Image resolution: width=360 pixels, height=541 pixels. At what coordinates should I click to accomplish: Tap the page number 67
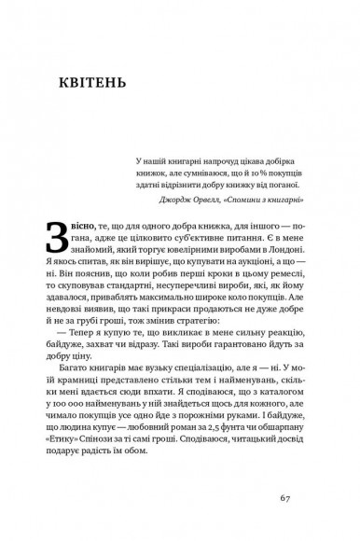(x=286, y=498)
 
